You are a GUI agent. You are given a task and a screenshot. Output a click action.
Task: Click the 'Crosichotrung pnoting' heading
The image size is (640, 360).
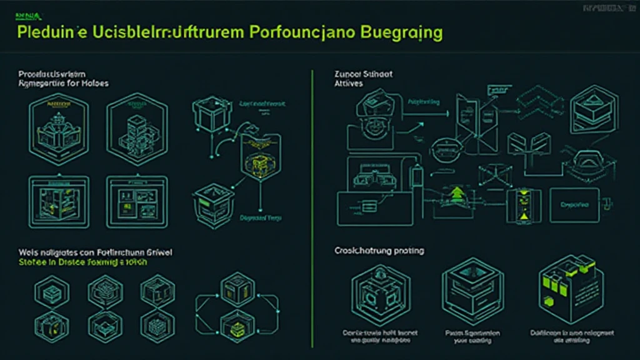[379, 251]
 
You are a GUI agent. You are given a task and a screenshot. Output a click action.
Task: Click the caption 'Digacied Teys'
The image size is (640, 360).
[261, 218]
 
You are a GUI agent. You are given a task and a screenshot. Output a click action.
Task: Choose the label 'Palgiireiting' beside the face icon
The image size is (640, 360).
[423, 102]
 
